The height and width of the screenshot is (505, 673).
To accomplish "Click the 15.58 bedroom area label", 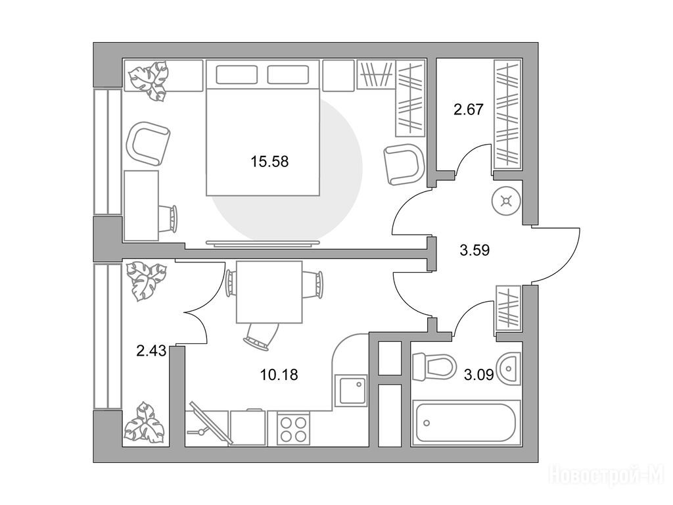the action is pos(269,162).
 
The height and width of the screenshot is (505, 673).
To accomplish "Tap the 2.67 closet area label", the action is pos(468,110).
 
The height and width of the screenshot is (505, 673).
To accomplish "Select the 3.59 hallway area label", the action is pos(475,250).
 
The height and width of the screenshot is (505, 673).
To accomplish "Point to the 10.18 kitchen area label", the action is pos(279,374).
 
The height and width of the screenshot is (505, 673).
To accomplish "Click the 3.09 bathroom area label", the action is pos(478,375).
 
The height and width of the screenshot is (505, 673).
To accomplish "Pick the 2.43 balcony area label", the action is pos(151,351).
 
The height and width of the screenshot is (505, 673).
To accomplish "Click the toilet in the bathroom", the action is pos(433,367).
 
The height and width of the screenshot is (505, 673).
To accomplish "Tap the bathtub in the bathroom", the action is pos(466,423).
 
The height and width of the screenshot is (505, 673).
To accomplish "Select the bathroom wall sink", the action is pos(509,368).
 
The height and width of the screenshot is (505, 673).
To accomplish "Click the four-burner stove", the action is pos(294,427).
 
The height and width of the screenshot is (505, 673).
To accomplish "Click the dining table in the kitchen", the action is pos(269,291).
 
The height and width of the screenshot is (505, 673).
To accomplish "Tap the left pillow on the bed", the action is pos(237,75).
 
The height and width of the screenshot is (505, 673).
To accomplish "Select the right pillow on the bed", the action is pos(288,75).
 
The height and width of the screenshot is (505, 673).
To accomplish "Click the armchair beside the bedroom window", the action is pos(148,144).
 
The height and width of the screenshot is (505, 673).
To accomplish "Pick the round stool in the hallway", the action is pos(507,201).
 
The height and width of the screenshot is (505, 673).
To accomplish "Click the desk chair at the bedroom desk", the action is pos(168,219).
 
